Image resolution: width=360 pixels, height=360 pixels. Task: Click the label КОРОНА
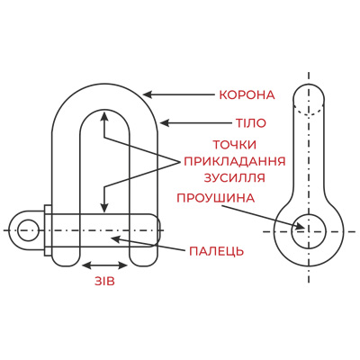[247, 95]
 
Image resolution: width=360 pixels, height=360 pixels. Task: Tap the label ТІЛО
[250, 123]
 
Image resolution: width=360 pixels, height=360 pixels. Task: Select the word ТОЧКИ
[235, 145]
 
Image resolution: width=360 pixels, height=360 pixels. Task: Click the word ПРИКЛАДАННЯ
[234, 161]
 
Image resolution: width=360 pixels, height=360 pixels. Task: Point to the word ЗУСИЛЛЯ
[235, 177]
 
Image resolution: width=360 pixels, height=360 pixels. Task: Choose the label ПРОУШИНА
[216, 198]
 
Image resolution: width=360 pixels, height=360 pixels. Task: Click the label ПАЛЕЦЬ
[216, 251]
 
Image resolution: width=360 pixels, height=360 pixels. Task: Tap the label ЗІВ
[104, 282]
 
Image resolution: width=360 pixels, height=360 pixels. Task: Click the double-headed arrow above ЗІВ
[104, 265]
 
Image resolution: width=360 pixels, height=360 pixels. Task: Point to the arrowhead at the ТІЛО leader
[165, 122]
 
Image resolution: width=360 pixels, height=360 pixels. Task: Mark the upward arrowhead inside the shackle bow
[104, 117]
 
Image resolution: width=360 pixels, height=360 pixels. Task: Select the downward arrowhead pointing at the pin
[104, 208]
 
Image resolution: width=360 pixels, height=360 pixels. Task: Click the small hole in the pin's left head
[28, 230]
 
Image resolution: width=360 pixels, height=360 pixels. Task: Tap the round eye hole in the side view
[309, 231]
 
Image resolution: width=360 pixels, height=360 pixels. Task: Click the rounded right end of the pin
[158, 230]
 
